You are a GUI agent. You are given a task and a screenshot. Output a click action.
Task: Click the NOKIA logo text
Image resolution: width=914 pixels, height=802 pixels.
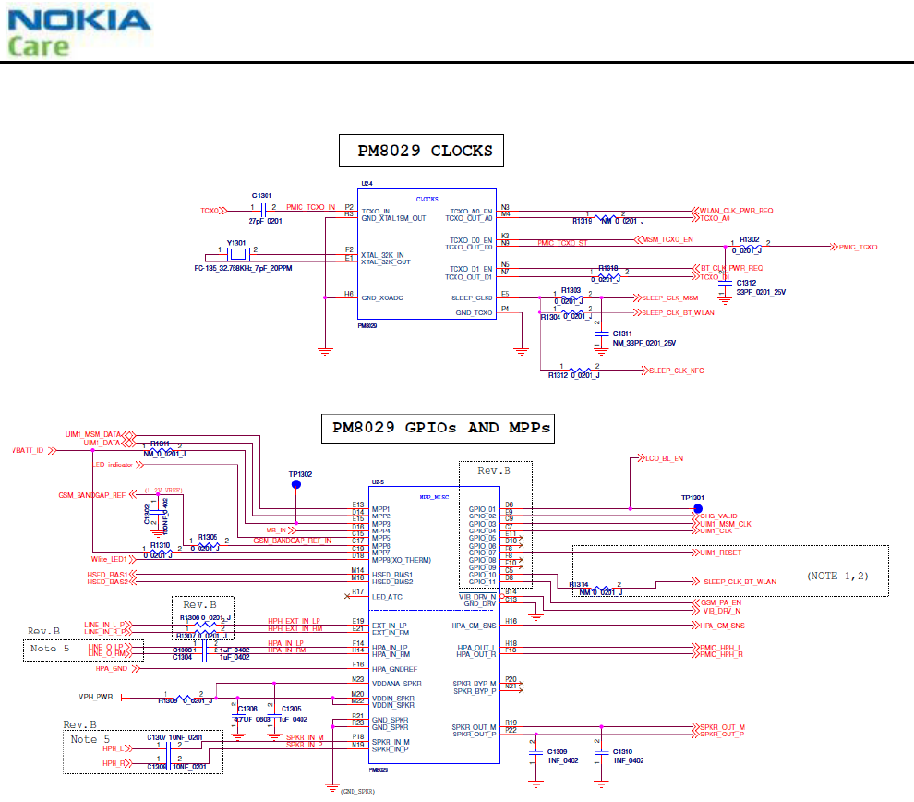pyautogui.click(x=78, y=20)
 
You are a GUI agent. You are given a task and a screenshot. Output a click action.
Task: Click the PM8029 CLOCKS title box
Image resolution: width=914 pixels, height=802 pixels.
pyautogui.click(x=425, y=151)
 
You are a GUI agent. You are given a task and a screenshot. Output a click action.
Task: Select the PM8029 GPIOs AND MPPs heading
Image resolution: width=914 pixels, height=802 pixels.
pyautogui.click(x=438, y=428)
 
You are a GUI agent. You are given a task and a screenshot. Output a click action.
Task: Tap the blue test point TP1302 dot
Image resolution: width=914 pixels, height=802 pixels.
pyautogui.click(x=296, y=484)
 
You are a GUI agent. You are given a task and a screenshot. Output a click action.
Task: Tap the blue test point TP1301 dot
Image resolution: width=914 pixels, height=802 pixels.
pyautogui.click(x=698, y=508)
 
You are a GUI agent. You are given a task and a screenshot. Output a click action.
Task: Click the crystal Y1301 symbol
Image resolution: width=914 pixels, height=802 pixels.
pyautogui.click(x=236, y=252)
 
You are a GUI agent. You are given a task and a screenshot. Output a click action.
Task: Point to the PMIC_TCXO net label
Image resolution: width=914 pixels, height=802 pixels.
pyautogui.click(x=858, y=248)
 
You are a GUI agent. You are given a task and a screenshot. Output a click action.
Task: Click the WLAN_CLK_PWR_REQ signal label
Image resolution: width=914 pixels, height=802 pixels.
pyautogui.click(x=733, y=211)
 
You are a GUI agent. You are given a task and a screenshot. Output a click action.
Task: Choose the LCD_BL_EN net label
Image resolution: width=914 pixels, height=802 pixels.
pyautogui.click(x=665, y=457)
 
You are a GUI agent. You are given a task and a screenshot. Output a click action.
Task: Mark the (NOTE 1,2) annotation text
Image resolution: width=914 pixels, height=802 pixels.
pyautogui.click(x=836, y=577)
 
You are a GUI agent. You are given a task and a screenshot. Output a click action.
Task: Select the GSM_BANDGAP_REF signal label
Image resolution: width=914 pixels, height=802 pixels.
pyautogui.click(x=92, y=495)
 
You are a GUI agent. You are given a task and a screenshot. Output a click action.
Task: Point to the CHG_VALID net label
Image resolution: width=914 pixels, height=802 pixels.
pyautogui.click(x=717, y=516)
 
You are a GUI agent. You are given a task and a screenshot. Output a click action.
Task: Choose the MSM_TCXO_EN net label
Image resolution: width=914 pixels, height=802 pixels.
pyautogui.click(x=670, y=238)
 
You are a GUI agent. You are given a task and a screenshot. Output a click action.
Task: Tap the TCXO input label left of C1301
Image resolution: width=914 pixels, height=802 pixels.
pyautogui.click(x=210, y=211)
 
